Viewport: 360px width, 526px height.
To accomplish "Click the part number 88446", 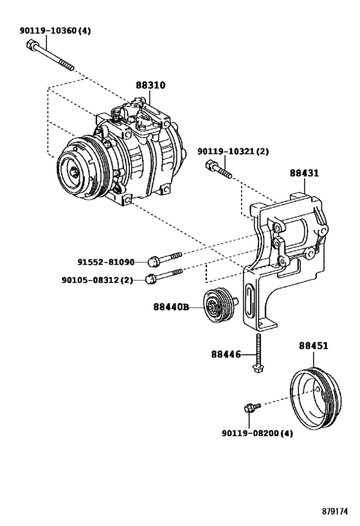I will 226,353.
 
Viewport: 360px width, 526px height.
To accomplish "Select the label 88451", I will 313,346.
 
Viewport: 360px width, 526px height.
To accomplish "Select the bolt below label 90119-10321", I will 219,171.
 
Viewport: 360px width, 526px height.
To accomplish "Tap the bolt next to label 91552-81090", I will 165,258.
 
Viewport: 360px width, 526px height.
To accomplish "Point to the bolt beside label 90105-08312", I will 165,276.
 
